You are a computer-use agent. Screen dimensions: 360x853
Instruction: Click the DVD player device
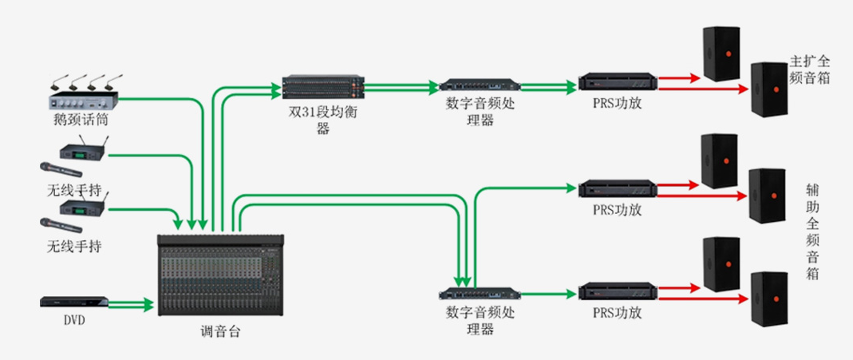[73, 303]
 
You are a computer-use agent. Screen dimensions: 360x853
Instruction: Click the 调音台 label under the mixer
[220, 332]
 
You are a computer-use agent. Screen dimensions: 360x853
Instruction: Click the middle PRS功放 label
[618, 211]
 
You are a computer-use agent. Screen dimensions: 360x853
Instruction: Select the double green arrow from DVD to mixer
[131, 304]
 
